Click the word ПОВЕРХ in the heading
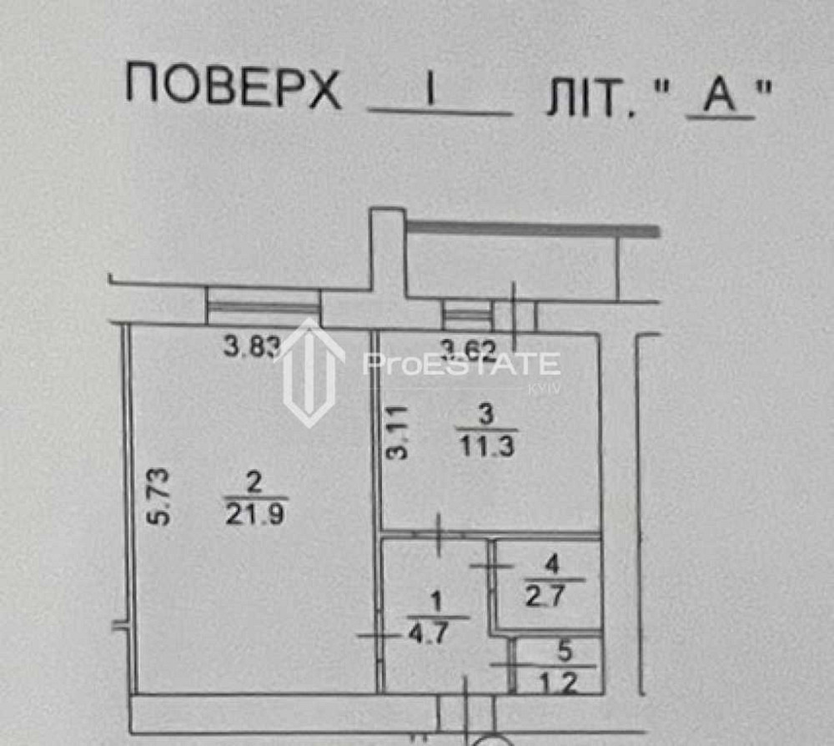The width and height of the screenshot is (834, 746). click(x=234, y=88)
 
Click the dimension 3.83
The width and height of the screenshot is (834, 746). click(x=249, y=345)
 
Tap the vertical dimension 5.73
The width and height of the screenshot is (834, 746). click(x=158, y=497)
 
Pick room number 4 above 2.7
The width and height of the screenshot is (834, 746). click(x=553, y=564)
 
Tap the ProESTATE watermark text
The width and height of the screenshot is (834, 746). click(x=461, y=365)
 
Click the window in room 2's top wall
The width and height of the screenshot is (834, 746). click(x=264, y=307)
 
